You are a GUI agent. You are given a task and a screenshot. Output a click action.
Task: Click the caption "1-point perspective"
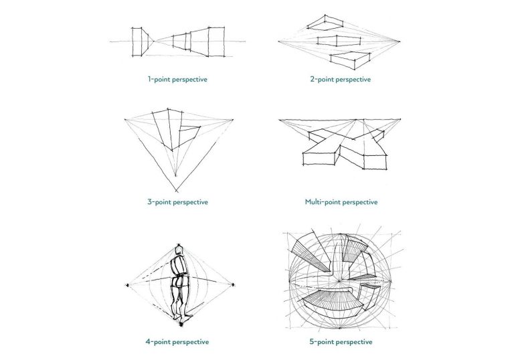coord(177,79)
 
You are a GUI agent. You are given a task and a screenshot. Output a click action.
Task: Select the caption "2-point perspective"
coord(340,79)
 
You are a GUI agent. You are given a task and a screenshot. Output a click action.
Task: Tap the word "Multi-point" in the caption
coord(323,201)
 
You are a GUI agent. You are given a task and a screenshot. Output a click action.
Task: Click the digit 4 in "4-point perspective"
coord(148,341)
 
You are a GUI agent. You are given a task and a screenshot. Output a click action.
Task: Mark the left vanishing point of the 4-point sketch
coord(126,286)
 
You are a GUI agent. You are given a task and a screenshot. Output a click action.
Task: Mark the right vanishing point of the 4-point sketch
coord(234,286)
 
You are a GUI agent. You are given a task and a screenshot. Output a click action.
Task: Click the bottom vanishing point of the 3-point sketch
coord(176,191)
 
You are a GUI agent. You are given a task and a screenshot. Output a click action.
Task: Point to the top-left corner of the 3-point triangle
coord(126,120)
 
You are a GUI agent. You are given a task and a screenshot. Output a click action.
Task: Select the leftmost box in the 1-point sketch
coord(139,41)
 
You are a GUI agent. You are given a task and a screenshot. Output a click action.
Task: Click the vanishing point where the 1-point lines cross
coord(156,41)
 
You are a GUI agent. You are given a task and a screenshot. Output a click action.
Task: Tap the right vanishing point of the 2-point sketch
coord(402,41)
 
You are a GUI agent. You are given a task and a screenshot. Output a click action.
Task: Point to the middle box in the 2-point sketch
coord(335,41)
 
